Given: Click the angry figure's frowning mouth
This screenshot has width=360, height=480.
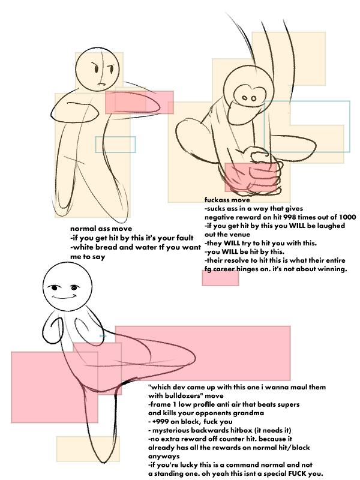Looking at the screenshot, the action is [x=101, y=84].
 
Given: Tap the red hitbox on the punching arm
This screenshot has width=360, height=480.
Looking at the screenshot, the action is [x=140, y=102].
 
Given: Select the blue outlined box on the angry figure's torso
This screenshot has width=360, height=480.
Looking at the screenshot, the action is [x=115, y=145].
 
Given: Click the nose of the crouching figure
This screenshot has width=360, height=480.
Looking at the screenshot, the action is [x=249, y=98].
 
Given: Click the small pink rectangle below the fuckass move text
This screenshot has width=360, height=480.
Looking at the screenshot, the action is [x=220, y=278].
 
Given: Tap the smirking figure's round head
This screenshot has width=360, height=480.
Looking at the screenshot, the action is [x=67, y=287].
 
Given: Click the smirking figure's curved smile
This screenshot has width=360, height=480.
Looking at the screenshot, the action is [x=64, y=296].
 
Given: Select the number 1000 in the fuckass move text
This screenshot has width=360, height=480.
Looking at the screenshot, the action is [x=347, y=217].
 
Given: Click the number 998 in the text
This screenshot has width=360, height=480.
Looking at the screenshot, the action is [x=290, y=217].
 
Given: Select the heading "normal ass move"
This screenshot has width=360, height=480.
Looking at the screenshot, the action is [x=101, y=229].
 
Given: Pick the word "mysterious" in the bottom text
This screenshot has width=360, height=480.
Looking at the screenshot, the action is [x=170, y=430].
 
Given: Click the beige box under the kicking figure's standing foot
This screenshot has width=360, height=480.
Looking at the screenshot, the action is [x=88, y=449].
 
